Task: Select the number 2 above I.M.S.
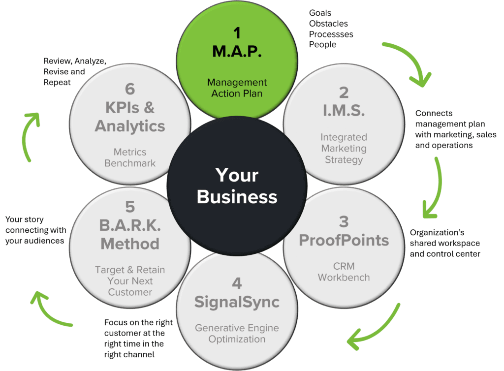coord(344,93)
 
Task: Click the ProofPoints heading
coord(344,240)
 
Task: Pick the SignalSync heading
coord(237,301)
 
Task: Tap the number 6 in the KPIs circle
coord(130,89)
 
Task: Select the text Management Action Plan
coord(237,88)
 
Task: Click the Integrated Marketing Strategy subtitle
coord(344,148)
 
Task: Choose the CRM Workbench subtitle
coord(344,272)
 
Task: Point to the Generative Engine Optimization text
coord(237,333)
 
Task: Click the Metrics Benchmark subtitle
coord(130,157)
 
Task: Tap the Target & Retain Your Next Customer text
coord(130,281)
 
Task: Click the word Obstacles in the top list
coord(328,23)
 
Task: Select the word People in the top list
coord(322,44)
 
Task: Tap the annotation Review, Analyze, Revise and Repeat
coord(74,71)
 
